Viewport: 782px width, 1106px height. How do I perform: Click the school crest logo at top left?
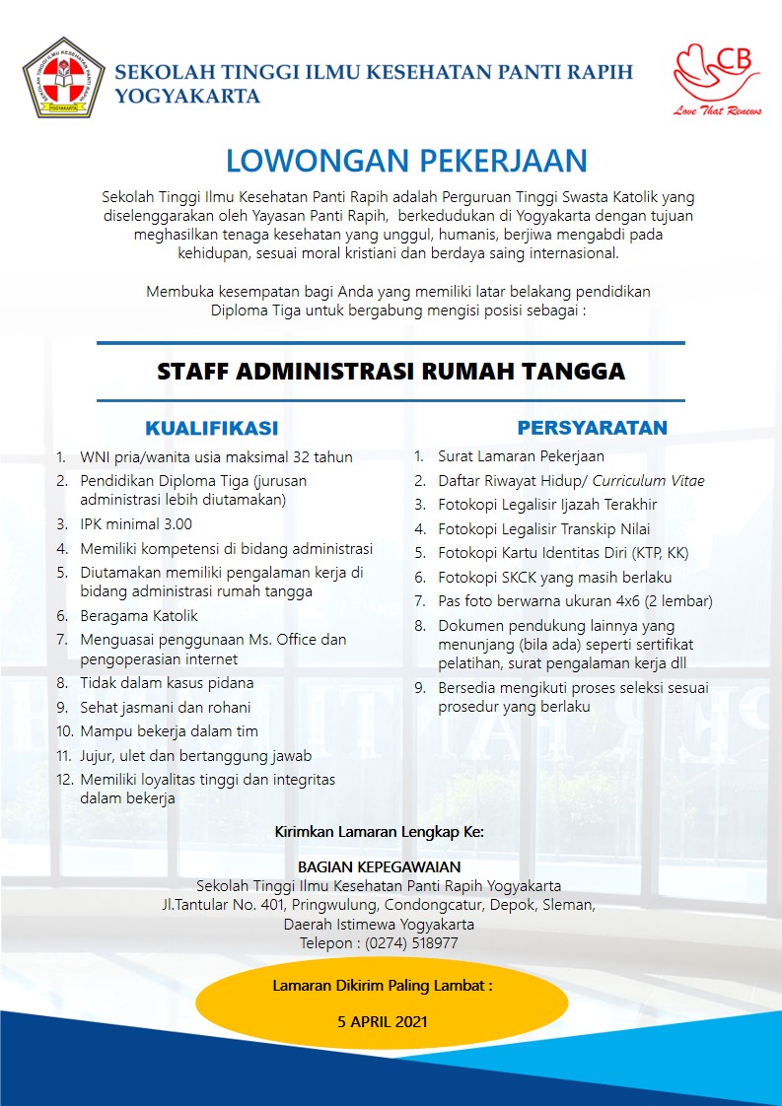tap(64, 78)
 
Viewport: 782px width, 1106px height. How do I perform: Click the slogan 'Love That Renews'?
tap(718, 111)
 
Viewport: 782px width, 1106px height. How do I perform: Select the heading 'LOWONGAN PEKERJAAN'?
tap(406, 161)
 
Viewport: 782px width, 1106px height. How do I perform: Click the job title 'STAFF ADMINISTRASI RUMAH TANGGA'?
tap(391, 372)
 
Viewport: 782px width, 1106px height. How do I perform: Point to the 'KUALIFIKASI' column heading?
tap(211, 428)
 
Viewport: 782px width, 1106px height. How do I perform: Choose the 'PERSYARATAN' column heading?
tap(592, 428)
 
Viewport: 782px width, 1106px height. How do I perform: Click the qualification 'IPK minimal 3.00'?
tap(136, 524)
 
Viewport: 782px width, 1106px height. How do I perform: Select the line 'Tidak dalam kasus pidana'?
tap(167, 682)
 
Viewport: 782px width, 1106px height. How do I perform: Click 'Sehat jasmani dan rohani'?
tap(166, 707)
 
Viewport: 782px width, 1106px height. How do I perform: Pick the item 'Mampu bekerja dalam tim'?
tap(169, 730)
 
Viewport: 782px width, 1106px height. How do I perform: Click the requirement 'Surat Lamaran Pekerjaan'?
tap(521, 456)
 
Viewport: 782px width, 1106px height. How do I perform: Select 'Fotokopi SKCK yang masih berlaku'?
tap(555, 577)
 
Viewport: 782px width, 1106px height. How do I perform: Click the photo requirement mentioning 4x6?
tap(575, 600)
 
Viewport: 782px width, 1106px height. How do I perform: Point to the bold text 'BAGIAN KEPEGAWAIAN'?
tap(379, 866)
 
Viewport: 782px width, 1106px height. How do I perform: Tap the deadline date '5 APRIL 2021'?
tap(382, 1021)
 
